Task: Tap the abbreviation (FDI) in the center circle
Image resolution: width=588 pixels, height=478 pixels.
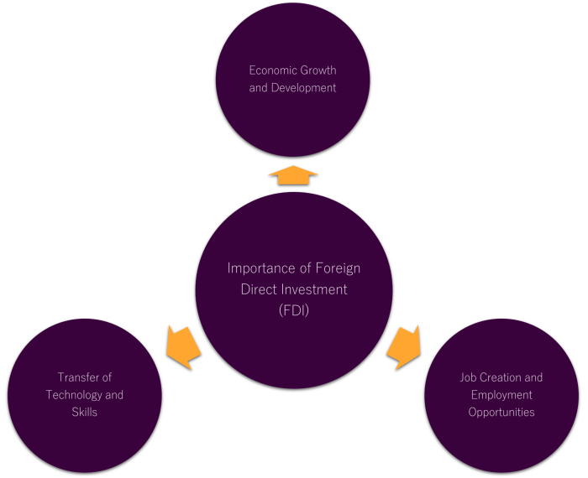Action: pos(293,310)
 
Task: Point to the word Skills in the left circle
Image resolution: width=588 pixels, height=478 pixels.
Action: pos(85,412)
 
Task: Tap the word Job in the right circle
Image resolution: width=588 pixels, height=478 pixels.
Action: pos(469,377)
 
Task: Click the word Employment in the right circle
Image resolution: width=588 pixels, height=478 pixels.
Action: pos(501,395)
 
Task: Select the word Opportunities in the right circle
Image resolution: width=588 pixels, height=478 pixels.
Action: pos(501,412)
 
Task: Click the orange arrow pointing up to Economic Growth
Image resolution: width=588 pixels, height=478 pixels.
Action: pos(293,175)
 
